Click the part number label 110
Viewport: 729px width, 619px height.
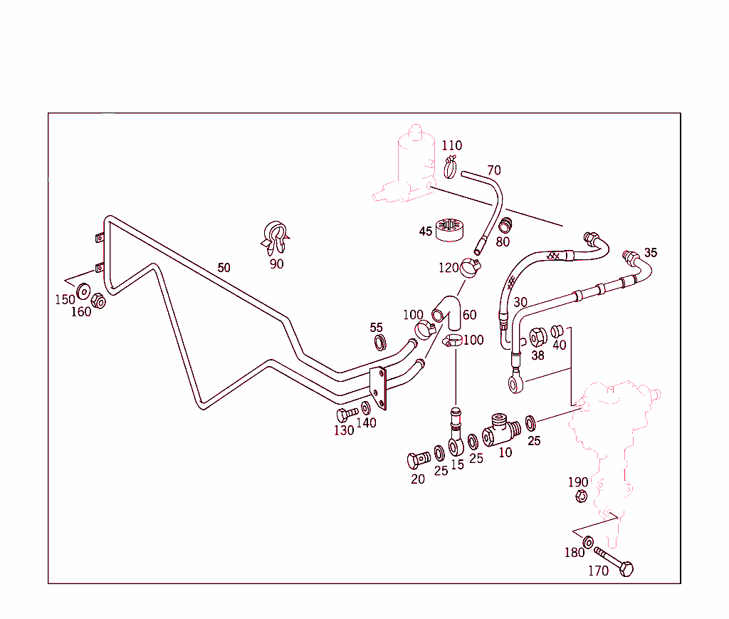pos(451,146)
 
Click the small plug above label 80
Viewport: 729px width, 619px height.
pos(505,226)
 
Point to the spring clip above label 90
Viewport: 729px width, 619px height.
pos(276,238)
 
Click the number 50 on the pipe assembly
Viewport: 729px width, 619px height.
pos(224,268)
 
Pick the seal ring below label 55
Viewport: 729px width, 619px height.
pos(380,343)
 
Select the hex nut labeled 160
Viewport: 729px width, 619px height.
pos(99,301)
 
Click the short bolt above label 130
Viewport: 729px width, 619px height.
pos(347,414)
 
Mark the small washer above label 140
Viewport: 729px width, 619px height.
pos(365,407)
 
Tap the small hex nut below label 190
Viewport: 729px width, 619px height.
pos(580,496)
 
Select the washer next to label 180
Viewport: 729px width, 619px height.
pos(589,543)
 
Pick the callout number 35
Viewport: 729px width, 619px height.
pos(651,253)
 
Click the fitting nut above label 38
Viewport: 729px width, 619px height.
pos(538,337)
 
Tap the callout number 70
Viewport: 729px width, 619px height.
pos(494,170)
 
